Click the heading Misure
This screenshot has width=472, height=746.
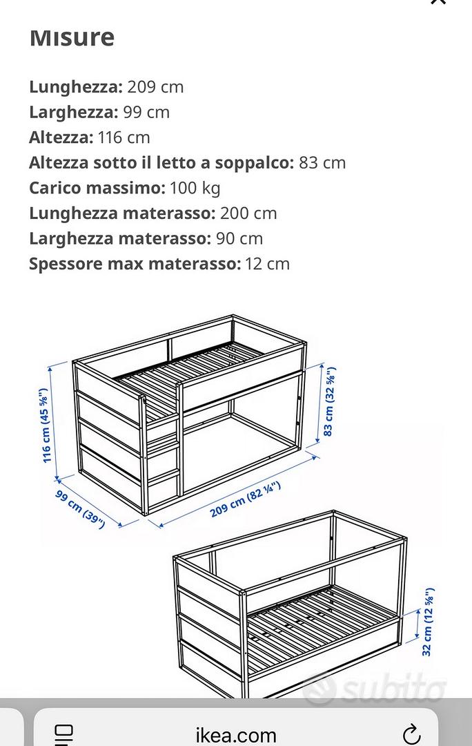pos(72,37)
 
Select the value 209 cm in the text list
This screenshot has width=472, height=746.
pos(155,87)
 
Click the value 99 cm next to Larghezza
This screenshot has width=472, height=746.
pos(146,112)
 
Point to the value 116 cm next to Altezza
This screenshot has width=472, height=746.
pos(124,137)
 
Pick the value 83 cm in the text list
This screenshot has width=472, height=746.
pos(322,163)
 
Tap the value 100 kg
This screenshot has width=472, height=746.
pos(195,188)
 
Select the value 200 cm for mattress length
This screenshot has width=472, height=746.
pos(248,213)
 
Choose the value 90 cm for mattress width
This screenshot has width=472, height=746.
pos(239,238)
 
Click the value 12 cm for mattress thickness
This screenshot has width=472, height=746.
pos(268,264)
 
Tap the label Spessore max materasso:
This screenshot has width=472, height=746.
pos(135,264)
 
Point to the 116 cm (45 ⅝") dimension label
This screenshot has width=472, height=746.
pos(46,425)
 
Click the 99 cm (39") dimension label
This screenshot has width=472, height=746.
pos(80,508)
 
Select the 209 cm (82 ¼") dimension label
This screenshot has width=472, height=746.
pos(246,500)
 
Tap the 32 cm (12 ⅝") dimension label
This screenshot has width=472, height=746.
pos(428,622)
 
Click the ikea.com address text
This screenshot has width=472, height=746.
pos(235,735)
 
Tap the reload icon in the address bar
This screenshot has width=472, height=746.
pos(411,734)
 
